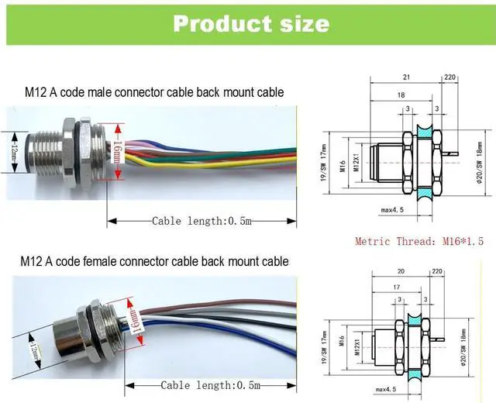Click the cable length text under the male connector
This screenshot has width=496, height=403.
(201, 221)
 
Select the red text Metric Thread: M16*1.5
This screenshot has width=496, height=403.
(418, 241)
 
